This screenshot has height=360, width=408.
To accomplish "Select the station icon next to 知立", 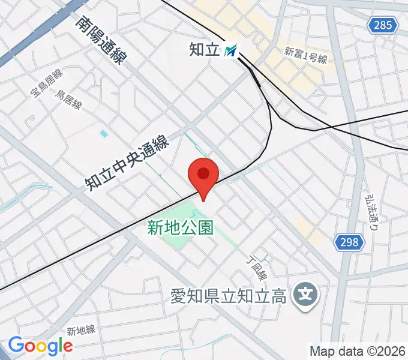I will point(230,50).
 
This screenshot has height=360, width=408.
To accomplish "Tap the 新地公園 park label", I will point(180,227).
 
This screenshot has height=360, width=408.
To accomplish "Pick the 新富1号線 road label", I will point(305,55).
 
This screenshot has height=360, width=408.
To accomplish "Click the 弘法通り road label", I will point(373,212).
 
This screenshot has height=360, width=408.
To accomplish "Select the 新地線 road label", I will point(81,331).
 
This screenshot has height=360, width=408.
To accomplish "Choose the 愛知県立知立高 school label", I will point(227,296).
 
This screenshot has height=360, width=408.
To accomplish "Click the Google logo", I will point(40,346).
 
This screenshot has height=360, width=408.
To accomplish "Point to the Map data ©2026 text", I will point(358,350).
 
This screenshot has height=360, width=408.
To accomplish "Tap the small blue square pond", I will point(104,133).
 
